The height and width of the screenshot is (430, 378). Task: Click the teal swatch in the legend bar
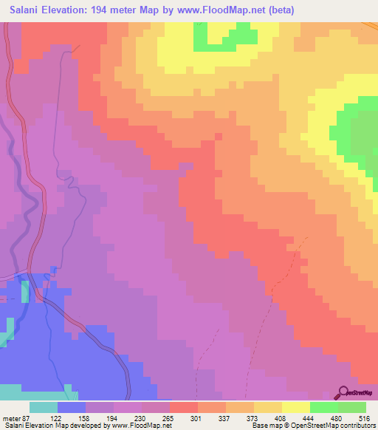(x=44, y=407)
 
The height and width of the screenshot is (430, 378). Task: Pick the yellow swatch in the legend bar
(x=295, y=407)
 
